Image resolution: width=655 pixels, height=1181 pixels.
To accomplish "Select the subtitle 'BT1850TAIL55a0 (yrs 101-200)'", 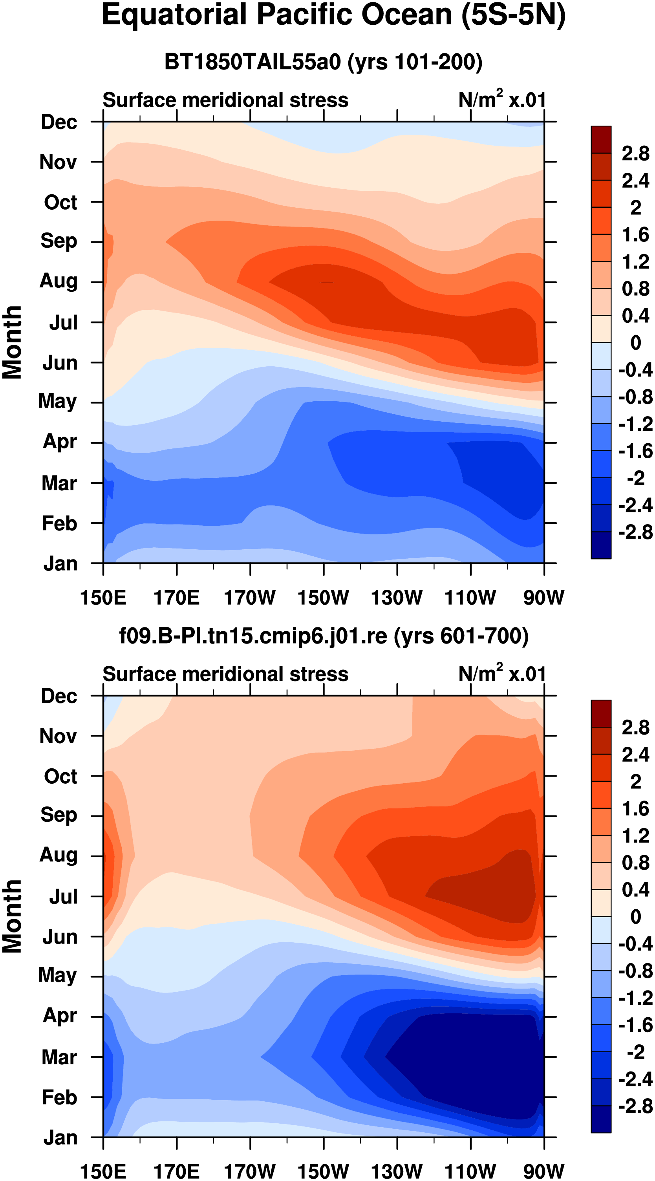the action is point(323,62).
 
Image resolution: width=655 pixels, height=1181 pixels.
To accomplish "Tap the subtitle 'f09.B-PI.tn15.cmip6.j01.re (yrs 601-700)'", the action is point(324,637).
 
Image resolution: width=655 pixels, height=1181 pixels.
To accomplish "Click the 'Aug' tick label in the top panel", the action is point(59,282).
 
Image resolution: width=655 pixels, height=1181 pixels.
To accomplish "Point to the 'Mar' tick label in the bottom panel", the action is point(59,1057).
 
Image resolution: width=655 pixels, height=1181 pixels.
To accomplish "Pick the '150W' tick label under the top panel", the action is point(323,598).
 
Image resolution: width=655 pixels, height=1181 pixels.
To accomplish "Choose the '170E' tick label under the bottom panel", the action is point(177,1172).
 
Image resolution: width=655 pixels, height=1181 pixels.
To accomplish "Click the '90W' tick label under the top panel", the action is point(544,598).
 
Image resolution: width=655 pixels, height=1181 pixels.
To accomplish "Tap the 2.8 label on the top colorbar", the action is point(636,154).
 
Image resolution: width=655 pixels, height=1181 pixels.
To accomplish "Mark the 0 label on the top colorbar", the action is point(636,342).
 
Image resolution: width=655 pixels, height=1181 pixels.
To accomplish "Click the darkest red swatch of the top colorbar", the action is point(601,139).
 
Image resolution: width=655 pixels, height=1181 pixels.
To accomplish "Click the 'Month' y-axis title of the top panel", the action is point(13,342).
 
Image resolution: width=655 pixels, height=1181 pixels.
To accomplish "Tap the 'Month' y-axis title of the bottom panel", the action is point(13,916).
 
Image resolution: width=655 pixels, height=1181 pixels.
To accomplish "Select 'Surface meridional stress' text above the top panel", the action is point(225,101).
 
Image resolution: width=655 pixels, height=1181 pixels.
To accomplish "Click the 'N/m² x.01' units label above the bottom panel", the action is point(502,673).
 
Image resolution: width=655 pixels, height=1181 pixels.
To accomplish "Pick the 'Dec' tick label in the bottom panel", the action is point(59,697).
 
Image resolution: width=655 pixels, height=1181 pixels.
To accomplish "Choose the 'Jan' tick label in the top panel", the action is point(60,563).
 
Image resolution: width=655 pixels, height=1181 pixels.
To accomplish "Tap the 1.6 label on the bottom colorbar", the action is point(636,809).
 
